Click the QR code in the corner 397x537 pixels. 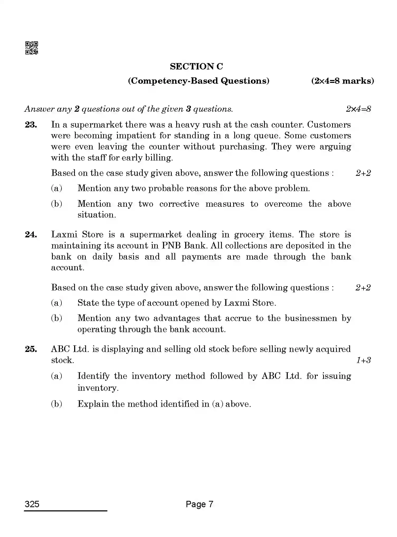[31, 48]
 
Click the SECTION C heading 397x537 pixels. [196, 67]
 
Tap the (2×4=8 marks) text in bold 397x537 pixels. [342, 81]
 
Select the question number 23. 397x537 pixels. [31, 125]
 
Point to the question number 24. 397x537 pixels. [31, 234]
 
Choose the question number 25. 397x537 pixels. [31, 349]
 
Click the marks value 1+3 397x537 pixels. [363, 360]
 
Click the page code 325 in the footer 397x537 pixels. [32, 504]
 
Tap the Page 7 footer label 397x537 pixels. [199, 504]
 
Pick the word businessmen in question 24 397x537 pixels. [310, 318]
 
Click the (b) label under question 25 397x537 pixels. [56, 404]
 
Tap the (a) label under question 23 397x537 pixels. [56, 188]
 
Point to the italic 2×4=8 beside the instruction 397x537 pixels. [358, 109]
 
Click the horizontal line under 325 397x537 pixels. [65, 511]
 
